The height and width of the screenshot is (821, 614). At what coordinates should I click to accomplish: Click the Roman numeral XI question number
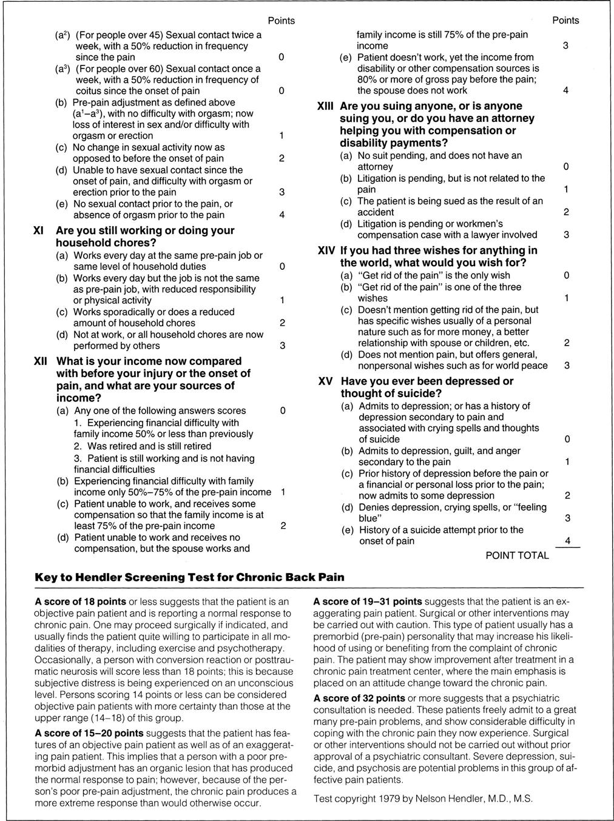37,231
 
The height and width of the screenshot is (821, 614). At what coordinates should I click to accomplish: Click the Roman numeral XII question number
39,361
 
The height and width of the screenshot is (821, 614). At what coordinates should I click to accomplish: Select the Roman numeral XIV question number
326,251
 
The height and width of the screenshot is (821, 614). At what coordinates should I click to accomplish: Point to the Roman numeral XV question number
326,381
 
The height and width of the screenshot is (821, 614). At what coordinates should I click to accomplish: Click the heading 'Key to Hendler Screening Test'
189,577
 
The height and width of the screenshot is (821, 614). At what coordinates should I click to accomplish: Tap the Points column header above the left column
282,21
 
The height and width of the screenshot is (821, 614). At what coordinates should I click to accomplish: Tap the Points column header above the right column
565,21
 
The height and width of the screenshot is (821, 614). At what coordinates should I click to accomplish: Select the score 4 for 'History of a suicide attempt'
567,541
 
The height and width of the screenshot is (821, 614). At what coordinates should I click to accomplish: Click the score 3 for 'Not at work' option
282,346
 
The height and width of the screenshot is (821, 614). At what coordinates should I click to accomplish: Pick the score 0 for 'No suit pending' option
566,167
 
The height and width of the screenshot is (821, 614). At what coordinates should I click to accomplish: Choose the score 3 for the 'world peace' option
566,366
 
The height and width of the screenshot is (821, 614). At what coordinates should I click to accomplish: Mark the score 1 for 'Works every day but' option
282,301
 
